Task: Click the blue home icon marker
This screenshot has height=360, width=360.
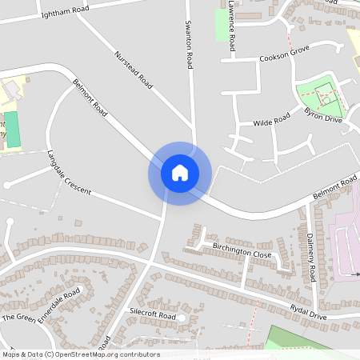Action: coord(179,173)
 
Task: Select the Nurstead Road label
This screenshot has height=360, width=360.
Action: coord(134,70)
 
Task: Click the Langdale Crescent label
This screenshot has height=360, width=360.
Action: coord(70,171)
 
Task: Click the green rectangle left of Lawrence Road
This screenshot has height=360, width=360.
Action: coord(221,25)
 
